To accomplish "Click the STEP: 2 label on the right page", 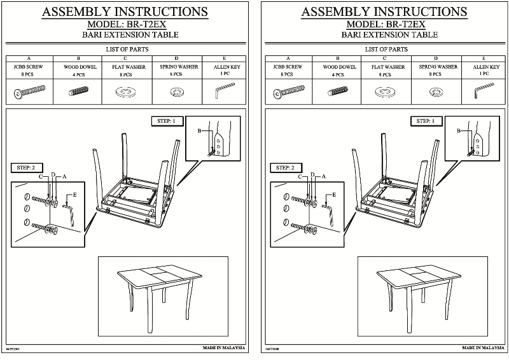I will coord(284,167).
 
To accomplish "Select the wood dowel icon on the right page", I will coord(338,93).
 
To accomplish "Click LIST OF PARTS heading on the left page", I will coord(126,49).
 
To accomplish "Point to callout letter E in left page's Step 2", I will coord(74,193).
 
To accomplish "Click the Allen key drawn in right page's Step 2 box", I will coord(331,212).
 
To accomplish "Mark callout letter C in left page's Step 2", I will coord(41,176).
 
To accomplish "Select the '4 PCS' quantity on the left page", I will coord(78,74).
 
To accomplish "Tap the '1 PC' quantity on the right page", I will coord(484,74).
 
